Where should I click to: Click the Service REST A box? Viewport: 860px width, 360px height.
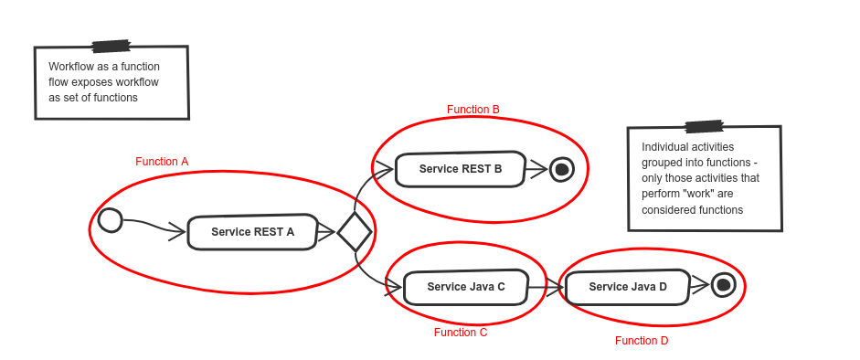tap(252, 232)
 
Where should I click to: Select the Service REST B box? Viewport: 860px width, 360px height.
tap(460, 169)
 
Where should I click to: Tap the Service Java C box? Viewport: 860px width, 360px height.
tap(466, 287)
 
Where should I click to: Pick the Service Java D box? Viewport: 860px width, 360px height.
tap(627, 287)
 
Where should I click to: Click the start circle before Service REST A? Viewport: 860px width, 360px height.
tap(109, 220)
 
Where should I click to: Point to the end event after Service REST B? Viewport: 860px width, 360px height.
tap(561, 169)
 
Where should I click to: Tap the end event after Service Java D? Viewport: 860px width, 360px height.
tap(724, 285)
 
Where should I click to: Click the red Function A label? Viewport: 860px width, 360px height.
tap(163, 162)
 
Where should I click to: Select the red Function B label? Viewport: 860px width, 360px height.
tap(473, 110)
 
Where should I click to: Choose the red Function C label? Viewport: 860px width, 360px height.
tap(461, 333)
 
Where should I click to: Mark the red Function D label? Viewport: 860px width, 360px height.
tap(642, 341)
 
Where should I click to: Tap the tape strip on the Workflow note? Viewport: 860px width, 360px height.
tap(111, 46)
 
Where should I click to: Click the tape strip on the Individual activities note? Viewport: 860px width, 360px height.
tap(704, 126)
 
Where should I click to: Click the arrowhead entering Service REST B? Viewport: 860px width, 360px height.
tap(388, 168)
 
